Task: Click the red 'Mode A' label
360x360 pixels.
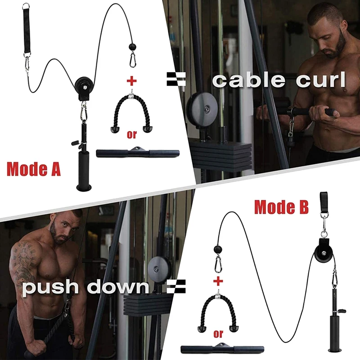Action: click(x=33, y=169)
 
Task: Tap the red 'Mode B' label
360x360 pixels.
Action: click(x=281, y=207)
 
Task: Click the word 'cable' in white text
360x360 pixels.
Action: click(x=248, y=80)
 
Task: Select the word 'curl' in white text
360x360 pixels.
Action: click(x=320, y=80)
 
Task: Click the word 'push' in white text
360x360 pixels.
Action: click(x=52, y=288)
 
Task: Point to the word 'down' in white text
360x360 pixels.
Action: click(x=118, y=287)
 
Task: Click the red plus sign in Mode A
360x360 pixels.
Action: click(x=131, y=81)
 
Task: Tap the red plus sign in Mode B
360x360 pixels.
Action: click(x=218, y=281)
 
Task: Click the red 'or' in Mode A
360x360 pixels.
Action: click(x=131, y=135)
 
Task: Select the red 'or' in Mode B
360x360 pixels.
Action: click(x=218, y=333)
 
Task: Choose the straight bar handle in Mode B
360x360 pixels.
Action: click(x=222, y=349)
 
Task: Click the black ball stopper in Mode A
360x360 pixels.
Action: click(x=133, y=46)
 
